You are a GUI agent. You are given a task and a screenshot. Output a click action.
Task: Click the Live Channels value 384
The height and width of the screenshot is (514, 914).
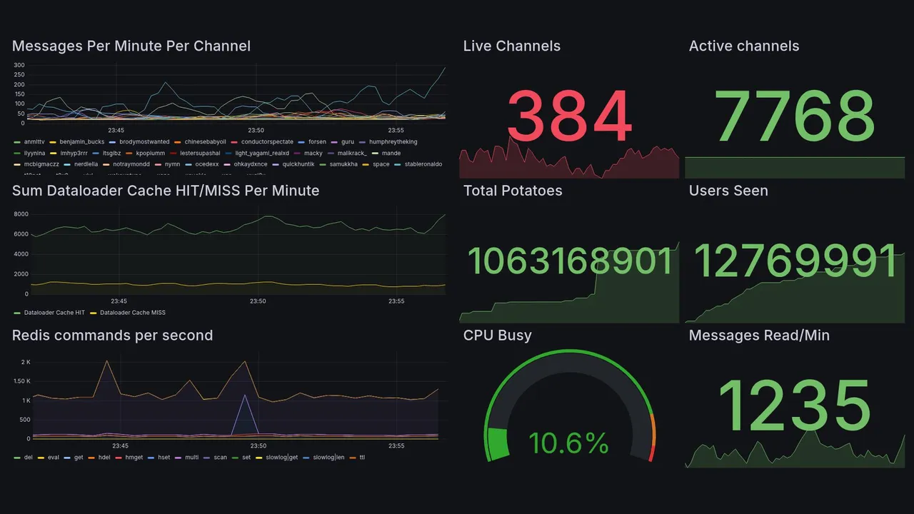pos(570,116)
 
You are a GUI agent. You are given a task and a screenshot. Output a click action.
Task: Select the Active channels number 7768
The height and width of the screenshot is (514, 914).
pos(795,116)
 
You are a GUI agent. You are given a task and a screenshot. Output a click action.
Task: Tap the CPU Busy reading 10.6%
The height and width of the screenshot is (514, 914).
pos(568,443)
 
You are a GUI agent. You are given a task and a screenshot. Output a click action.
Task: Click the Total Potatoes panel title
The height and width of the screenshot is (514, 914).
pos(512,191)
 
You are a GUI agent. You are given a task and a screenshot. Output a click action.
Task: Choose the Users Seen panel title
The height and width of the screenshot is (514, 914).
pos(728,191)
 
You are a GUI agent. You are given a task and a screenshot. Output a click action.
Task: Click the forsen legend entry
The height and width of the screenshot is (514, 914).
pos(317,142)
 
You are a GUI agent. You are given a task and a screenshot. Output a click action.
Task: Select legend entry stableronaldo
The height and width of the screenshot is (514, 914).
pos(423,164)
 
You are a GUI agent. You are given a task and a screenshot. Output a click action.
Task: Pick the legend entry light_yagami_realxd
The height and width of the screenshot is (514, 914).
pos(262,153)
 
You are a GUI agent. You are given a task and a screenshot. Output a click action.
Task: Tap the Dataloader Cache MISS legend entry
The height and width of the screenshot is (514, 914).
pos(133,313)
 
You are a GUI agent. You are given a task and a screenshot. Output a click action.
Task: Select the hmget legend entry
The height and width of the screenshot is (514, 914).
pos(134,457)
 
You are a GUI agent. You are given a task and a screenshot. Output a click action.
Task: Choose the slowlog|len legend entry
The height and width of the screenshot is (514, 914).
pos(328,457)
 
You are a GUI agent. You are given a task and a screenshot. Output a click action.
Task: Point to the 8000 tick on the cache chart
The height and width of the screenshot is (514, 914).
pos(21,214)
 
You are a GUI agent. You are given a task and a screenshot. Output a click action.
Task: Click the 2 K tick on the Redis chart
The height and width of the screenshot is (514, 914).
pos(25,363)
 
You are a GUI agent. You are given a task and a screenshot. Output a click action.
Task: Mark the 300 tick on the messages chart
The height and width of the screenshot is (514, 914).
pos(19,66)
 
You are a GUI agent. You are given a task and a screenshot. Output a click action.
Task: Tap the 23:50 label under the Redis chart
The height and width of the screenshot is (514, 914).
pos(258,446)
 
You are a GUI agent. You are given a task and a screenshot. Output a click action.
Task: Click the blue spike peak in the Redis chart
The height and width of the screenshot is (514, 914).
pos(245,395)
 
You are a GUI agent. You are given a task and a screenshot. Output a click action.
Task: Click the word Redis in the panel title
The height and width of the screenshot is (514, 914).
pos(31,336)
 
